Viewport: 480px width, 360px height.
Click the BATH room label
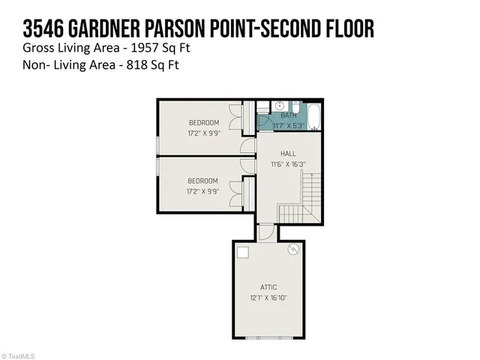tap(289, 115)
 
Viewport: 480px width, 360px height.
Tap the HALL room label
tap(288, 154)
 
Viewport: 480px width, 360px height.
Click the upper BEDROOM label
tap(203, 122)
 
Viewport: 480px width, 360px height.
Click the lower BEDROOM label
tap(203, 181)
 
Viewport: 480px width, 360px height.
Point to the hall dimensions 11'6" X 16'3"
tap(288, 163)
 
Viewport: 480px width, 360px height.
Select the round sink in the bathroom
tap(279, 106)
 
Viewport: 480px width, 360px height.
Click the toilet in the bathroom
tap(295, 106)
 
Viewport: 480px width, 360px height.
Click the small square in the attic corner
tap(242, 252)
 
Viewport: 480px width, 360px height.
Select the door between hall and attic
tap(266, 233)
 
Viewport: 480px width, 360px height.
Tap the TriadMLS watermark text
tap(21, 355)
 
